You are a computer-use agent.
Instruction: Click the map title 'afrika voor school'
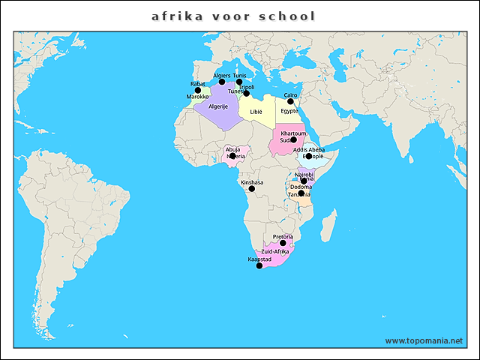coord(233,16)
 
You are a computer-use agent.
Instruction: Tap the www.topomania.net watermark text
coord(423,340)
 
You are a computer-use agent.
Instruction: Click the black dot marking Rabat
coord(198,91)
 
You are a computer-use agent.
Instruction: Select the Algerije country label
coord(218,107)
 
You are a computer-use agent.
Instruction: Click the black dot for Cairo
coord(290,101)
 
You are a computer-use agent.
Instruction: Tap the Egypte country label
coord(289,111)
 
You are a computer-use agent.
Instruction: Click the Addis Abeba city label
coord(309,149)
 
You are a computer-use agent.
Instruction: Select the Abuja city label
coord(233,149)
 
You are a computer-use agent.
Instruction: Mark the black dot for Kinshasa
coord(252,189)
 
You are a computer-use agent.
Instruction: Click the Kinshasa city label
coord(251,181)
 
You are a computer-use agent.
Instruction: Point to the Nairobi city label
coord(304,174)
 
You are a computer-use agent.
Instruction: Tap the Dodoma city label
coord(300,187)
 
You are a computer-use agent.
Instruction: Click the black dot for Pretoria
coord(283,243)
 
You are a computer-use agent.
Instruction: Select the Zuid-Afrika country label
coord(274,251)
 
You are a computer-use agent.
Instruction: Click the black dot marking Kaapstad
coord(259,265)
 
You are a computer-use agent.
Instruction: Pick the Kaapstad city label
coord(259,259)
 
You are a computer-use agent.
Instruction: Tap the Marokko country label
coord(197,97)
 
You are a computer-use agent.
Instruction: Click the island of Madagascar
coord(327,223)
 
